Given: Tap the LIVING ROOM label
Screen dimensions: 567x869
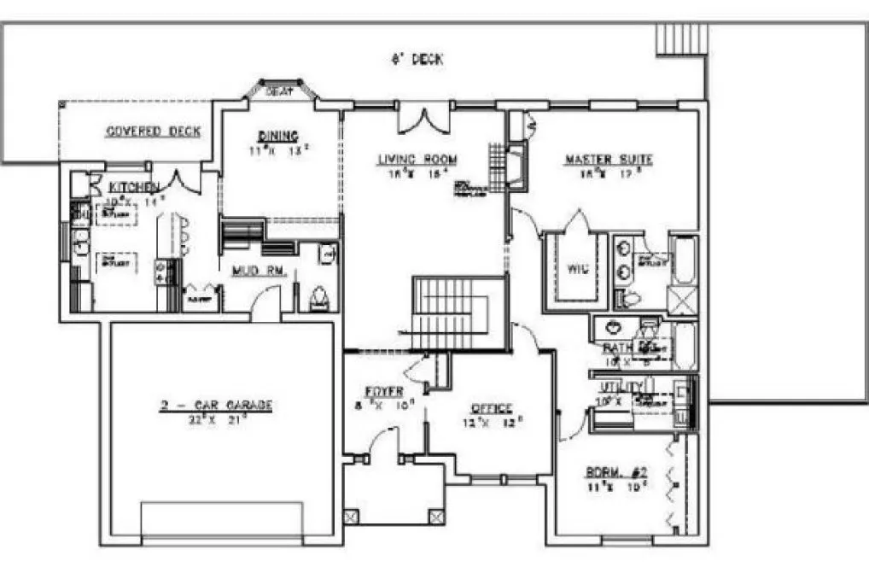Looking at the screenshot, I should [x=417, y=160].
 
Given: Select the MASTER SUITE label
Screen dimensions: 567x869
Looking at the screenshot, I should [x=609, y=160].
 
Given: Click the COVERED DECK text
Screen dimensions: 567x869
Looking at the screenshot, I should [x=153, y=132].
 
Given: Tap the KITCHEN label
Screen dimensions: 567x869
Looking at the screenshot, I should [x=133, y=187].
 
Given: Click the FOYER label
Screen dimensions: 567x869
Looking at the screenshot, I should [x=384, y=392].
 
